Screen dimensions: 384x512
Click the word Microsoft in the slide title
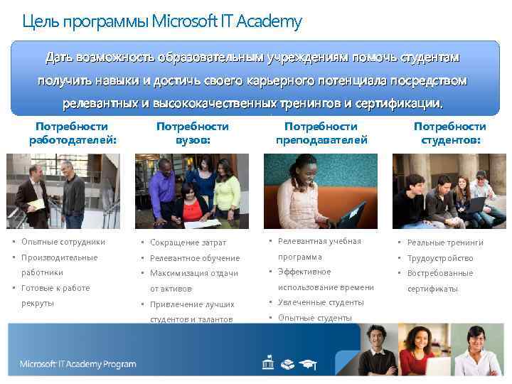pos(183,21)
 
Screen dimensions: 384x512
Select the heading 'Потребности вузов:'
pos(192,133)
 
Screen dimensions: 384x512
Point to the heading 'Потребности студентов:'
pos(450,133)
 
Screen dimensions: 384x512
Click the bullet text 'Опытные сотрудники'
pos(63,242)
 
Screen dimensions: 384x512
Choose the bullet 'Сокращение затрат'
pos(188,243)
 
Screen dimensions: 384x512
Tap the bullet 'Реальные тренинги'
pos(445,243)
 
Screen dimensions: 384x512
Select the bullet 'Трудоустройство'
pos(440,258)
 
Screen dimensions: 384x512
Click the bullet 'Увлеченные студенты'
pos(321,302)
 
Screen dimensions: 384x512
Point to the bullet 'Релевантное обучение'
pos(194,258)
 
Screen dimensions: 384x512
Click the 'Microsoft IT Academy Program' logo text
pos(78,364)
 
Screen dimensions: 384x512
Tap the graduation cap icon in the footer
pos(308,364)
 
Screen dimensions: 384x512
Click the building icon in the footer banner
pos(267,364)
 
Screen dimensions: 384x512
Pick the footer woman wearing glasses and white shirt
pos(475,352)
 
